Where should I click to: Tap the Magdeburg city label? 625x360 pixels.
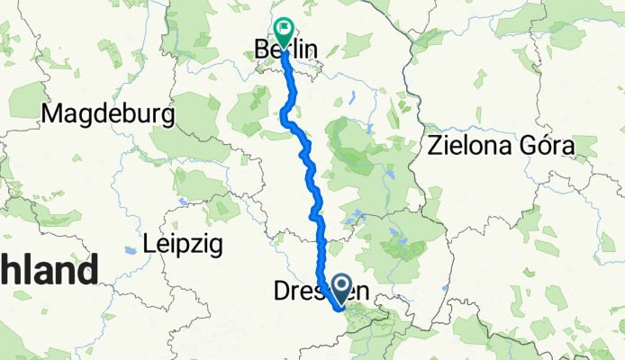pyautogui.click(x=108, y=114)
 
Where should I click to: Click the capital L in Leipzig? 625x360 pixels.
pyautogui.click(x=149, y=244)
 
